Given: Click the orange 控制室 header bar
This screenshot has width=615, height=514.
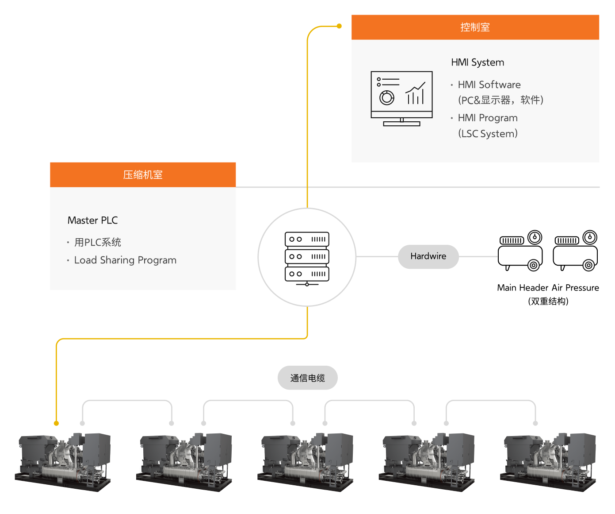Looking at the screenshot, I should point(475,27).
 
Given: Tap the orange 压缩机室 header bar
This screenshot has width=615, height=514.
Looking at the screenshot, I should point(142,175).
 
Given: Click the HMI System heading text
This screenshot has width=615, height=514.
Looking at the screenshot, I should point(477,62).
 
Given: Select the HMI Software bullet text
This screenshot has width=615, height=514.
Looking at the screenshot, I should point(489,85).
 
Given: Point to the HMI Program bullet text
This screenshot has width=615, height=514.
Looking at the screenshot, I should point(487,118).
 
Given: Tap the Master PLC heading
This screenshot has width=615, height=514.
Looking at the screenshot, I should point(92,220).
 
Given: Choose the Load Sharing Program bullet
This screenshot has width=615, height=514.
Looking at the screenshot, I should point(125,260).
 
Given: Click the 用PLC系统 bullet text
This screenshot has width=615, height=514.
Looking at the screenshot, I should point(97,242).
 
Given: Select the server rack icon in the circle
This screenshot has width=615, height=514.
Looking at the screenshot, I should point(307,258).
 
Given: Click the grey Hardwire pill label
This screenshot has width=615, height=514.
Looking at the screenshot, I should point(428,256).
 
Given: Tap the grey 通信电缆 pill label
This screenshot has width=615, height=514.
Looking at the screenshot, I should point(307,378).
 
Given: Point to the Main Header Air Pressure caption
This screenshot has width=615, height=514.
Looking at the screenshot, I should point(548,288).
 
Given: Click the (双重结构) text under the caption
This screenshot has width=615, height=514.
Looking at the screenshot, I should point(548,301).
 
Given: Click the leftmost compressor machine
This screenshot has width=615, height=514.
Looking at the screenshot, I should point(63,462).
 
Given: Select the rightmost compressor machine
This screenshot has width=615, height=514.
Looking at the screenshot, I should point(548,462).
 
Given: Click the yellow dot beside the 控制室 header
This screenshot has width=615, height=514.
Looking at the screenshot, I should point(339,26).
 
